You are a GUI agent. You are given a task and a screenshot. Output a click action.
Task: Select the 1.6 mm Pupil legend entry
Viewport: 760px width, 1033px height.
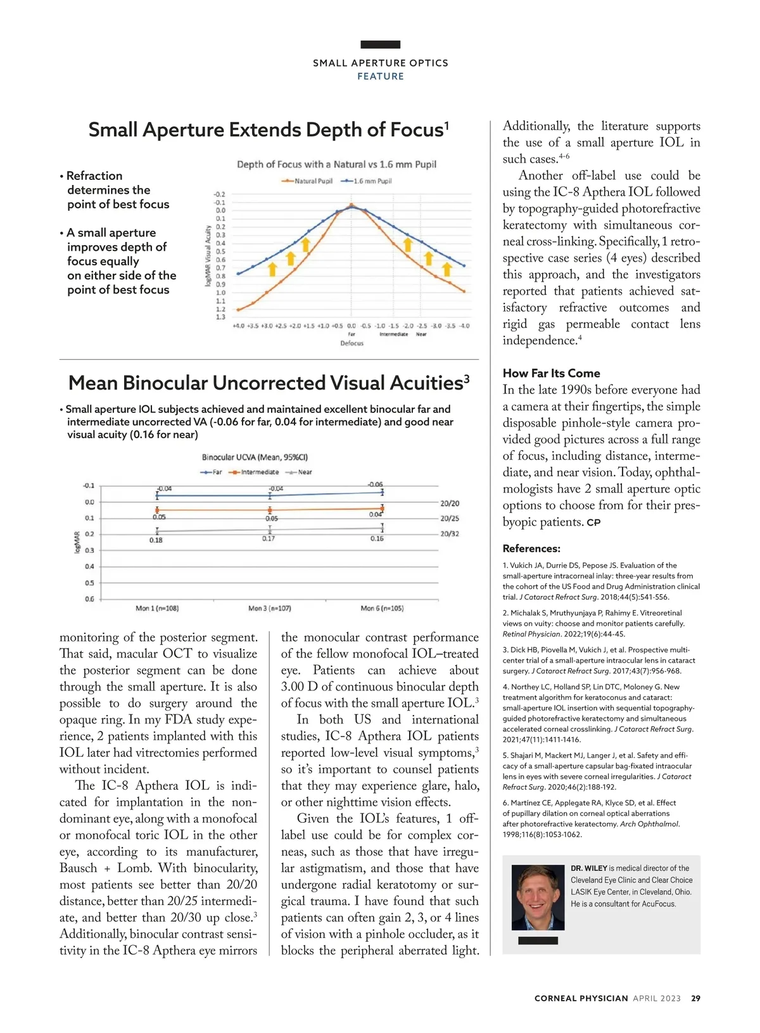[367, 181]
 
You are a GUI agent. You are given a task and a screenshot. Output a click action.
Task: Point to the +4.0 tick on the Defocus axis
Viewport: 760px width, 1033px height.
[238, 326]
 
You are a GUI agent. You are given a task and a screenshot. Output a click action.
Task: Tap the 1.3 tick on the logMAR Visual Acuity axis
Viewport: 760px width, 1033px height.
[220, 317]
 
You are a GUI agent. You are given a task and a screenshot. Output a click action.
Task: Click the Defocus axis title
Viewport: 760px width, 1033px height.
[351, 343]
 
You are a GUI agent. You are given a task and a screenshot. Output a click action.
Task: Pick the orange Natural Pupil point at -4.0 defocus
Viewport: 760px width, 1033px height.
[464, 291]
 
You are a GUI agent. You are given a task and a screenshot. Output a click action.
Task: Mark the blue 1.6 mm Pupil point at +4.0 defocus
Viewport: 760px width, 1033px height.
[238, 274]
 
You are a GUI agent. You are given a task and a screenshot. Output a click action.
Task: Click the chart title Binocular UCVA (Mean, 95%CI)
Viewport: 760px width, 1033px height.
[255, 457]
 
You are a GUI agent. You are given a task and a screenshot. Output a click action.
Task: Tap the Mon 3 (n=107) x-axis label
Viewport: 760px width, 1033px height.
[269, 608]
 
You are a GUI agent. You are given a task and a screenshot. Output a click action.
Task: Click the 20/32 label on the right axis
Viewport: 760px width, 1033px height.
[450, 534]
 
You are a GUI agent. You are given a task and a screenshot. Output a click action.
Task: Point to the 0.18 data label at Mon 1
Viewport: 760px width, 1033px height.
[156, 540]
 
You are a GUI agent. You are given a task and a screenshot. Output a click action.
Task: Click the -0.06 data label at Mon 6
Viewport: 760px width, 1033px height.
[375, 485]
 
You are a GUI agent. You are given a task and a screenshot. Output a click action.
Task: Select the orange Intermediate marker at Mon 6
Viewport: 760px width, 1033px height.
[382, 508]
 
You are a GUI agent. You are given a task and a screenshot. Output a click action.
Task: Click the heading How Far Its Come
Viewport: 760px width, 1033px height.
[551, 374]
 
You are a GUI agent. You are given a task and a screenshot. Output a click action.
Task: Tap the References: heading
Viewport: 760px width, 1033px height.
[531, 548]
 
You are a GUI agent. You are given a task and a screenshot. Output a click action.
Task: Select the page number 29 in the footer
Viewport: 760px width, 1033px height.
[695, 998]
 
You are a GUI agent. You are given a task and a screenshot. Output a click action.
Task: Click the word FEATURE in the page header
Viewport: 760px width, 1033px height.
[380, 76]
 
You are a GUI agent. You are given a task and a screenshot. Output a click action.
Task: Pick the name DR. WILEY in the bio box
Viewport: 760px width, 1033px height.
[588, 868]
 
